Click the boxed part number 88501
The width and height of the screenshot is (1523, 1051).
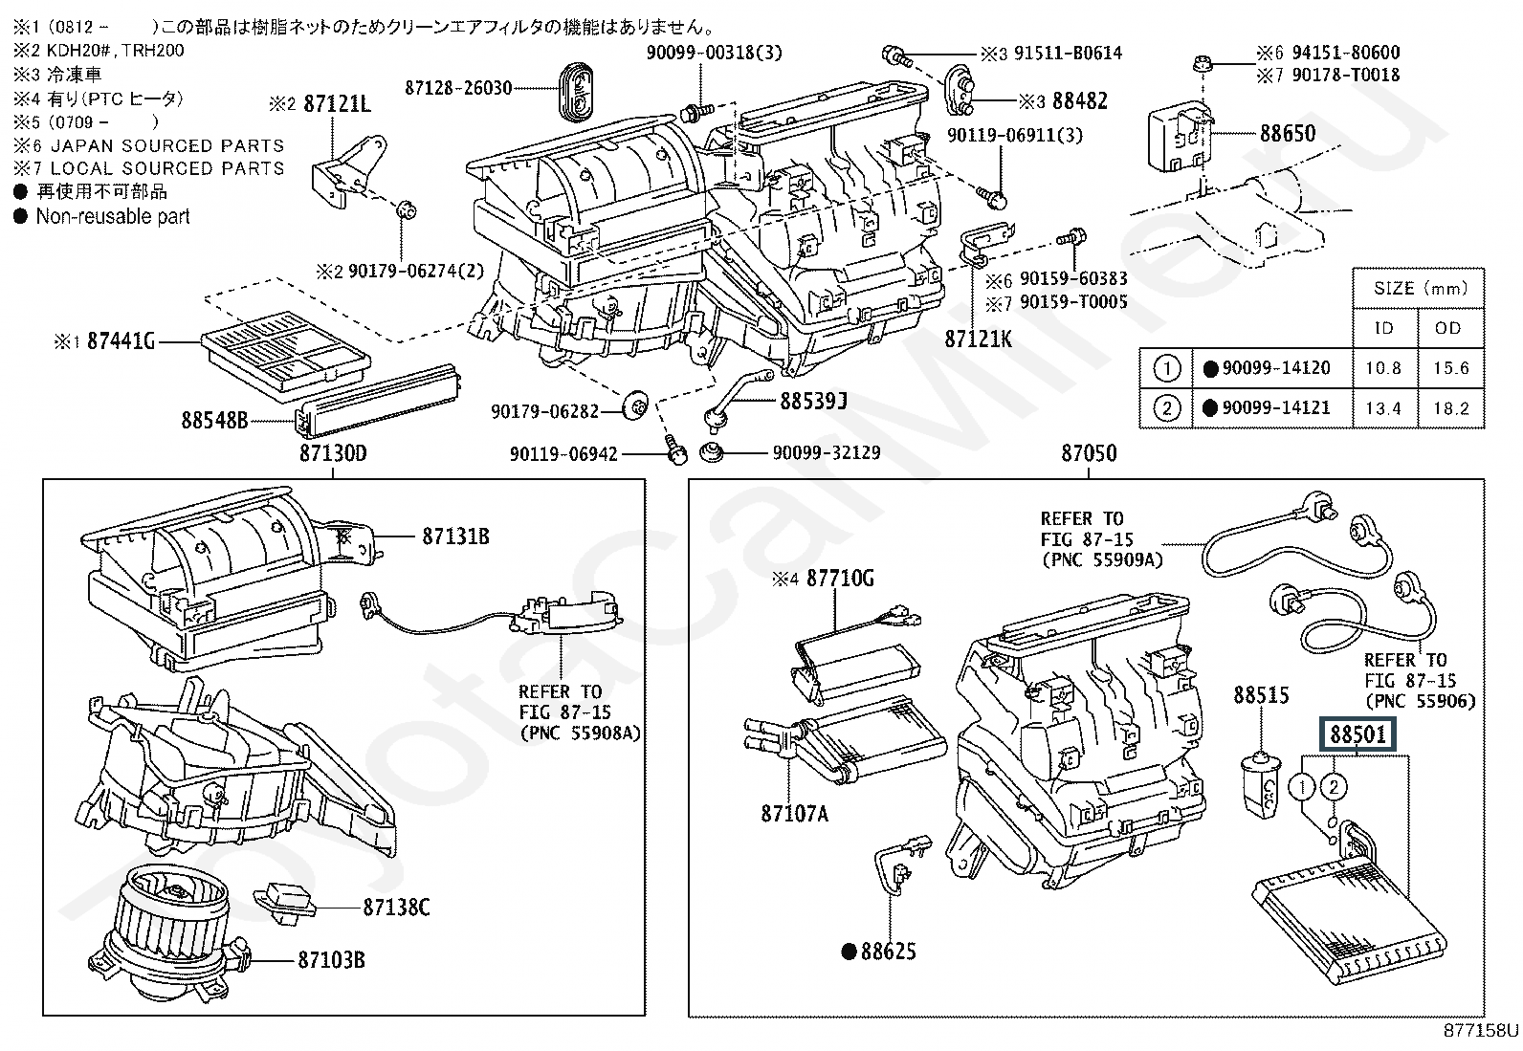click(1359, 735)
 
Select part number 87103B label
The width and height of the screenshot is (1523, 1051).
click(331, 959)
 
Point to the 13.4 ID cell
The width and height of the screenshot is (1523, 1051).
click(1383, 408)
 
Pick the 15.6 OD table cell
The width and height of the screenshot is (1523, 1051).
click(1451, 368)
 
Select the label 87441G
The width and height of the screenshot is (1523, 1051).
click(121, 340)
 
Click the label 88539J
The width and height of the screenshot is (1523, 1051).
click(813, 401)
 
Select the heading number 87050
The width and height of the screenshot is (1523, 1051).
click(1089, 453)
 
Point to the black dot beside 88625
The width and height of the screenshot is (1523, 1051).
click(848, 952)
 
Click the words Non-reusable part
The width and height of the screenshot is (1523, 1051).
click(113, 217)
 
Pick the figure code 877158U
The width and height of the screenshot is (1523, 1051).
click(1480, 1031)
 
